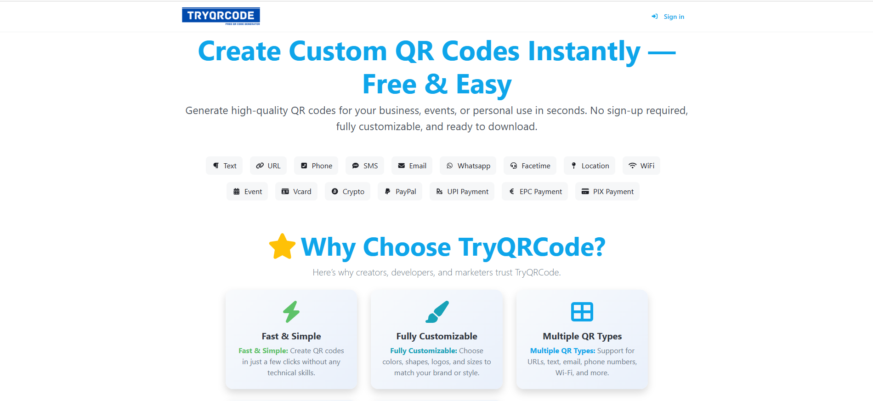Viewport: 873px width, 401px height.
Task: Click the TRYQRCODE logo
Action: [x=221, y=16]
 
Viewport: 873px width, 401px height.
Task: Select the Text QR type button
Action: [x=224, y=166]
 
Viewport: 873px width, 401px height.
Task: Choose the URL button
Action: [x=268, y=166]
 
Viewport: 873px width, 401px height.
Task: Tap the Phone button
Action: [x=316, y=166]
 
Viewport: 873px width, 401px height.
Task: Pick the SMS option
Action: [x=365, y=166]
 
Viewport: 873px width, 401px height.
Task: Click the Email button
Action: [x=412, y=166]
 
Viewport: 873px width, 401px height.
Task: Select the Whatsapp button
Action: [x=468, y=166]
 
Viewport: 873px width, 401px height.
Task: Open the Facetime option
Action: [x=530, y=166]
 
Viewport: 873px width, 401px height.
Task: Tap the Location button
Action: [x=590, y=166]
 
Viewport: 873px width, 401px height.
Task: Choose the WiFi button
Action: [x=641, y=166]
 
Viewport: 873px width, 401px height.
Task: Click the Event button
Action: [x=247, y=191]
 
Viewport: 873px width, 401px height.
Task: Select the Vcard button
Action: [x=296, y=191]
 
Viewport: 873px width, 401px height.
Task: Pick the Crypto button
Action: [x=347, y=191]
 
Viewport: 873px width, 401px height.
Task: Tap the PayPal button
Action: [x=400, y=191]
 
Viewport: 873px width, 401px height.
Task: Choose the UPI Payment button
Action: [x=462, y=191]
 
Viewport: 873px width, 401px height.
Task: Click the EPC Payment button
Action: [x=535, y=191]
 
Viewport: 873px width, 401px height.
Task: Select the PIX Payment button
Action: [x=607, y=191]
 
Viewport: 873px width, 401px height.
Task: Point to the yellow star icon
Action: [x=282, y=246]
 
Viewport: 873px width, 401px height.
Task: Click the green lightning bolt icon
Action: [x=291, y=312]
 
